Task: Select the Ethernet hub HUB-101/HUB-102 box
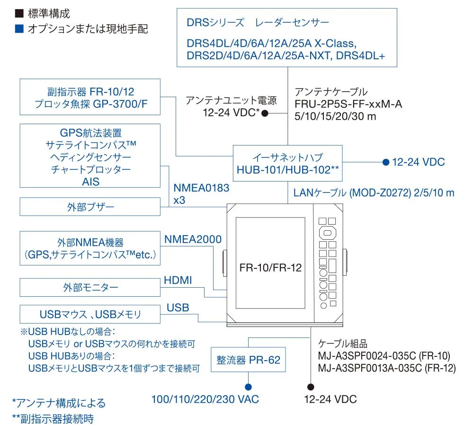288,163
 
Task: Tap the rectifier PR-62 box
249,360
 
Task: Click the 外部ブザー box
90,207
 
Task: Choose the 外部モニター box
90,287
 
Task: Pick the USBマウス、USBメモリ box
90,314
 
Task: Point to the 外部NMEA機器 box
90,248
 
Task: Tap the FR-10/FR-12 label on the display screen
270,267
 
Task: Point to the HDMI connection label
178,280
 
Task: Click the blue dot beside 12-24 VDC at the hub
385,162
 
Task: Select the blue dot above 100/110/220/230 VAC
249,387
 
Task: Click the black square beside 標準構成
19,13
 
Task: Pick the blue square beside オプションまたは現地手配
19,29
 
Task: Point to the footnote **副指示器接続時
54,419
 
